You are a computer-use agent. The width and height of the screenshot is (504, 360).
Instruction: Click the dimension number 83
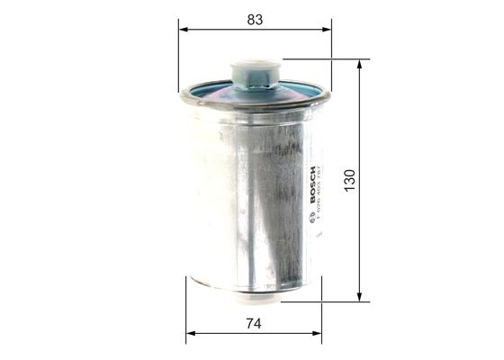click(255, 18)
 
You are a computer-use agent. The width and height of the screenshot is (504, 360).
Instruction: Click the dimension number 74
click(255, 322)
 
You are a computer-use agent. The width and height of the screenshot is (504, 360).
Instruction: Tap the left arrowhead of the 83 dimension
click(183, 30)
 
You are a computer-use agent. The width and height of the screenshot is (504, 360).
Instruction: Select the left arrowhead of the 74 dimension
click(190, 335)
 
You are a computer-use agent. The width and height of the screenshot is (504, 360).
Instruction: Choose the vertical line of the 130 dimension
click(361, 135)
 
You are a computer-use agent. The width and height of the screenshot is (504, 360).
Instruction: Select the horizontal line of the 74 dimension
click(225, 335)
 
